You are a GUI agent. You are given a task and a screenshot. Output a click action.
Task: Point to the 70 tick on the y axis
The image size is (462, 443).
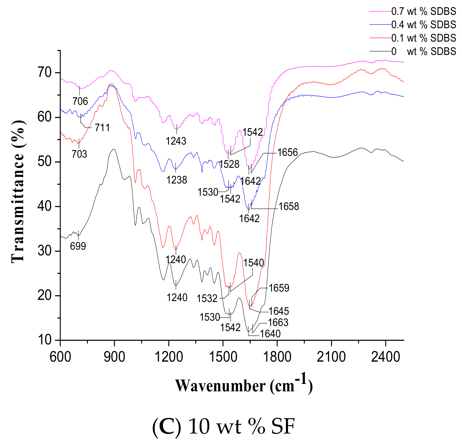point(45,72)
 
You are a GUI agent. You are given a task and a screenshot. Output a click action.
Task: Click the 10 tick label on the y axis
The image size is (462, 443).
point(45,340)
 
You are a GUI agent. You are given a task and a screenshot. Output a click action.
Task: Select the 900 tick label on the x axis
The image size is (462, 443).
point(114,357)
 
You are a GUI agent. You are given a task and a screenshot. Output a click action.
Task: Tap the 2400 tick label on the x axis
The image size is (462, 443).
point(385,357)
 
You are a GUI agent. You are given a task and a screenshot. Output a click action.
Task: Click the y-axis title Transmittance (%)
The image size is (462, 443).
point(18,192)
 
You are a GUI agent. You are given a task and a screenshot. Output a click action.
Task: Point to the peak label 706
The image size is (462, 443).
point(80,102)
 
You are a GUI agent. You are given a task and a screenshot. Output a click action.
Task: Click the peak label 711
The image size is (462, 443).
point(102,128)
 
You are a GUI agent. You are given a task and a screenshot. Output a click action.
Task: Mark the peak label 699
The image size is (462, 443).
point(78,246)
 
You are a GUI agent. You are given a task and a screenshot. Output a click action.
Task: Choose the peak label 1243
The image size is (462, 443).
point(176,141)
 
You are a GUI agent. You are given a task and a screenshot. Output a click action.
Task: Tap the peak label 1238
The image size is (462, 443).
point(177,180)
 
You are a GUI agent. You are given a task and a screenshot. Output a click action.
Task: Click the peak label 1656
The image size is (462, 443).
point(287,152)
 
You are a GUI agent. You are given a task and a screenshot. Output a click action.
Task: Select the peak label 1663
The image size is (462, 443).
point(278,322)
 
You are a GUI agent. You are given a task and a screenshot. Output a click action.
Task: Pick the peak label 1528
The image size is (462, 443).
point(229,164)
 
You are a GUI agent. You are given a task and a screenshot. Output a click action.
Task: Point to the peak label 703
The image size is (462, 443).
point(79,154)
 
